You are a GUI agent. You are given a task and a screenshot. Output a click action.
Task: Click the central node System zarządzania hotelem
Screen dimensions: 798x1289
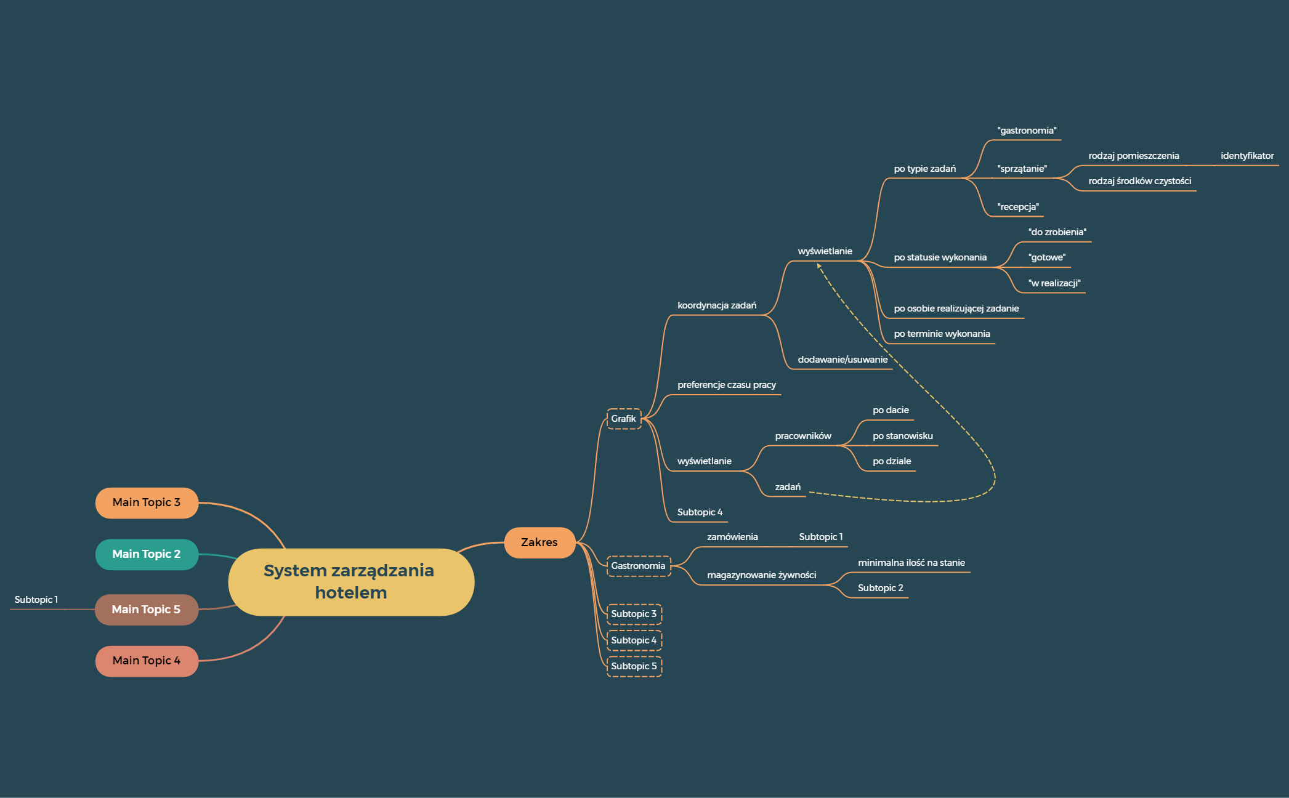pos(350,581)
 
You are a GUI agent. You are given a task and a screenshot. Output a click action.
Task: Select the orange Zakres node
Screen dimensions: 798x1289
pos(539,542)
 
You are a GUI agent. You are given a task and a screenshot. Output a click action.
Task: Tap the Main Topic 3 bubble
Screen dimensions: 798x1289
pos(147,502)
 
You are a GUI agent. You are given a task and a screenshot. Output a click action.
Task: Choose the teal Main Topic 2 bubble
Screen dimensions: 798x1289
pos(147,554)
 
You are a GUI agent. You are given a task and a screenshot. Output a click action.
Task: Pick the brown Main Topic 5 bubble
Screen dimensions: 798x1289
pos(147,610)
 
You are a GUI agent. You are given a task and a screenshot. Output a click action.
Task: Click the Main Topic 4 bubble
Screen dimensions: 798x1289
pos(147,661)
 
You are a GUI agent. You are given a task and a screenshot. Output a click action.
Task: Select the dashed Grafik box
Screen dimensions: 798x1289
pos(623,419)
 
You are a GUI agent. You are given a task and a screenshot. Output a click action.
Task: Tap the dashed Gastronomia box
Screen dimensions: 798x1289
pos(638,566)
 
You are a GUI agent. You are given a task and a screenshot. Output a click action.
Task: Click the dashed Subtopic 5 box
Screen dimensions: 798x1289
pos(634,666)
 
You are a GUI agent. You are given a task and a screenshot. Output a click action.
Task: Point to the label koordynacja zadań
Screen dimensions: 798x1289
pos(717,305)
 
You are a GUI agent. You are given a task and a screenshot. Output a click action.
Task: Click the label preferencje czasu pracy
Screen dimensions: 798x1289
pos(727,385)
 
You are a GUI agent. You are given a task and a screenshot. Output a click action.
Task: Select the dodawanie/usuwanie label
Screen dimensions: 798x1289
pos(842,360)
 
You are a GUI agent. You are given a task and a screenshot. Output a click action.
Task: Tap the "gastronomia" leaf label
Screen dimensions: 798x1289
pos(1027,131)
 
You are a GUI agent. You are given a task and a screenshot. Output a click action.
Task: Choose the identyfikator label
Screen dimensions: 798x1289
pos(1247,156)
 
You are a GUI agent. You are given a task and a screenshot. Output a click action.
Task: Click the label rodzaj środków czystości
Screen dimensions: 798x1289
pos(1139,181)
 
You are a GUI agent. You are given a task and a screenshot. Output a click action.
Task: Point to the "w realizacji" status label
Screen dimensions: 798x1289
pos(1054,283)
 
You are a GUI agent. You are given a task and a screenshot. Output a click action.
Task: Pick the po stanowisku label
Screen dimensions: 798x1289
pos(903,436)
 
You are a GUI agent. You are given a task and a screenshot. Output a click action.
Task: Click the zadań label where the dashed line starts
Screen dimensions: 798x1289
pos(788,487)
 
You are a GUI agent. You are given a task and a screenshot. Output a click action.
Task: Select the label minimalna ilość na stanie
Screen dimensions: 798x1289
pos(911,563)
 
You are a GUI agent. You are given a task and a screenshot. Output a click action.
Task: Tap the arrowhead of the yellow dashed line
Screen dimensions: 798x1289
pos(819,265)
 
